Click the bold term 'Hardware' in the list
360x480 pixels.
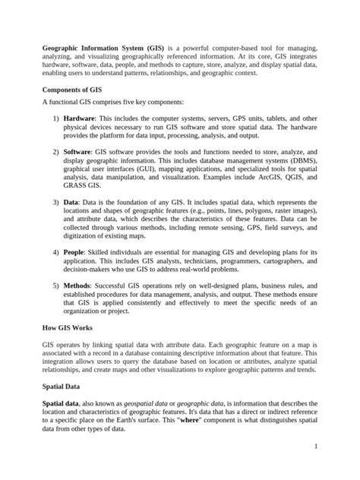coord(79,119)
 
